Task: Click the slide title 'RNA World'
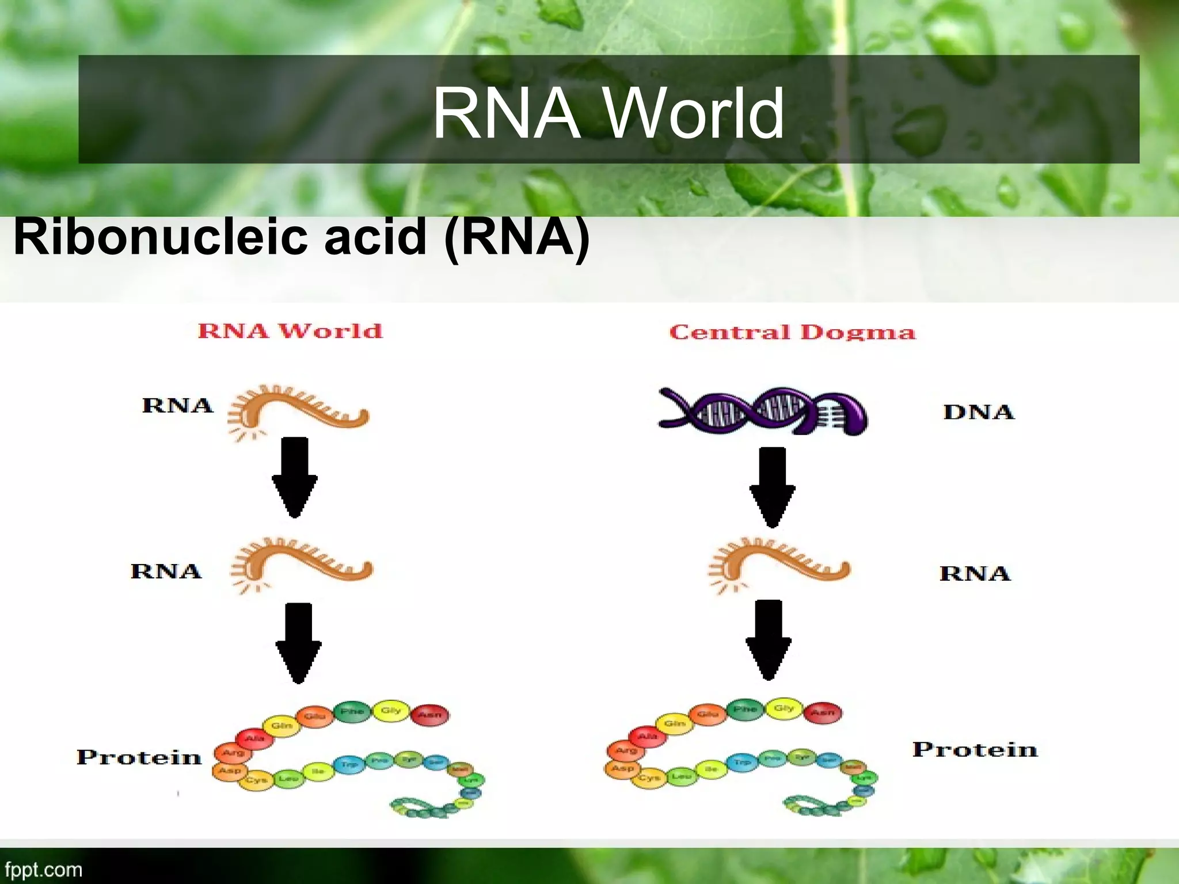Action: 608,112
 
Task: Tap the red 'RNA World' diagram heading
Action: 290,331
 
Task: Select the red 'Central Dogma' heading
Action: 792,332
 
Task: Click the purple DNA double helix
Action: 763,411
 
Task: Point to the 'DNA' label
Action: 979,412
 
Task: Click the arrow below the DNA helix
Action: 772,486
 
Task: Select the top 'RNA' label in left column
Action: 177,405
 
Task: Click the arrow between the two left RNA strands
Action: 295,477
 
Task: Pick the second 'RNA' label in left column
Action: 166,571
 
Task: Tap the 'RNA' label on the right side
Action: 975,573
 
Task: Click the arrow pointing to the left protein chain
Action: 298,642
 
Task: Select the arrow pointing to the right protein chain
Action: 769,639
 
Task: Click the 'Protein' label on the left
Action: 139,757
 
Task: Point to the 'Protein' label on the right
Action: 975,749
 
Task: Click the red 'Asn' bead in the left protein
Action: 430,715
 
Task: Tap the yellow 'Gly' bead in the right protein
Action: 784,708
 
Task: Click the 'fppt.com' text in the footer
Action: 44,869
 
